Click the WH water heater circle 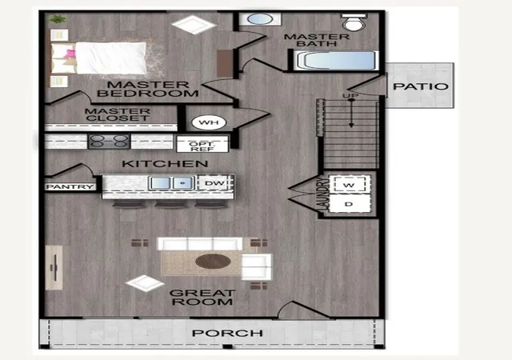(x=209, y=123)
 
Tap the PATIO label (x=421, y=86)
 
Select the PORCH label (x=227, y=334)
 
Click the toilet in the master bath (x=354, y=22)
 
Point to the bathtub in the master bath (x=336, y=61)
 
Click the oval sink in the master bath (x=260, y=19)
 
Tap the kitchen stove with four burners (x=109, y=141)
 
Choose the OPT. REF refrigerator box (x=202, y=144)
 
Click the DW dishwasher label (x=214, y=183)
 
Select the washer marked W (x=350, y=185)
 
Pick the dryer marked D (x=350, y=204)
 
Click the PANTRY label (x=70, y=187)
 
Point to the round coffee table (x=213, y=262)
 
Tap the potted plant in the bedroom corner (x=58, y=19)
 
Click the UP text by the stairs (x=350, y=95)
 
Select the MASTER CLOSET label (x=118, y=114)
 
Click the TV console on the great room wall (x=54, y=267)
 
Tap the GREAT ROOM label (x=202, y=298)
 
